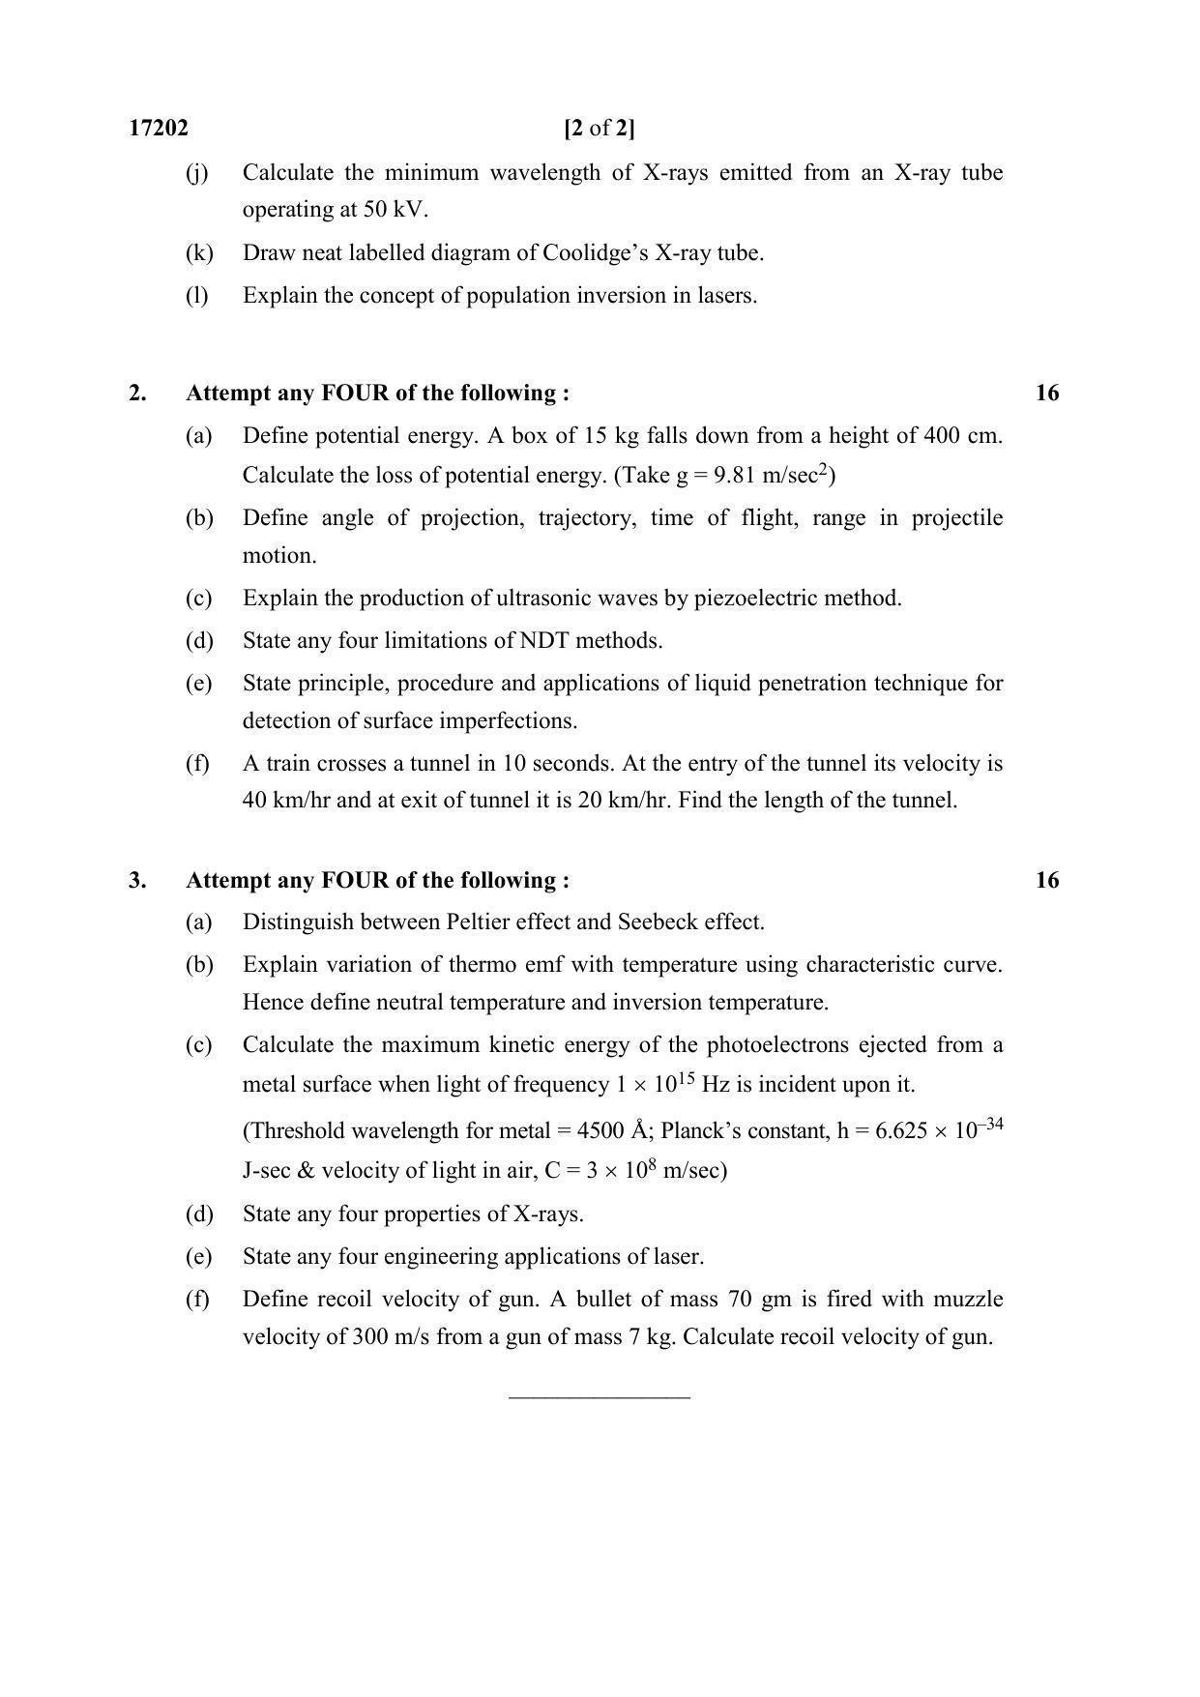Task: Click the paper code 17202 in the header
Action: pos(159,128)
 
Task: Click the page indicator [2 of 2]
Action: pos(599,128)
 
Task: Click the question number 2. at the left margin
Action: pos(138,393)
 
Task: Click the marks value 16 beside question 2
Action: pos(1046,393)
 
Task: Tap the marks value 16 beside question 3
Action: pos(1046,880)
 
